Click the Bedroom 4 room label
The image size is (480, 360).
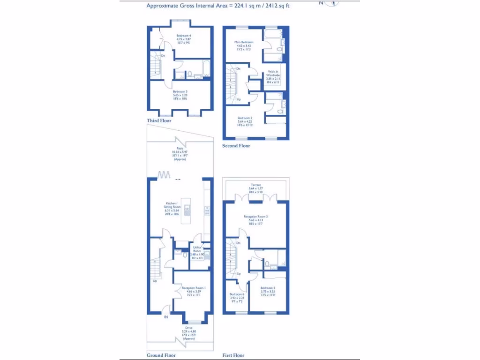184,36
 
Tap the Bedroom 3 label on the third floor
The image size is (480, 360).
180,92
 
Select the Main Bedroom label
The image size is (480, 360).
244,42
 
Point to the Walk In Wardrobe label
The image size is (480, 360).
273,73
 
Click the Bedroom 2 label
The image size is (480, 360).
245,118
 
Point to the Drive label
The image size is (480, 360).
188,328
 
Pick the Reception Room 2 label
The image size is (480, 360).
255,217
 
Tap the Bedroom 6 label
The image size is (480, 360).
237,294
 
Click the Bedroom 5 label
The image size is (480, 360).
268,288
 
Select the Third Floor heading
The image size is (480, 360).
159,120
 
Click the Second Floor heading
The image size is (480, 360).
236,146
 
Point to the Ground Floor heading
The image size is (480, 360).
161,355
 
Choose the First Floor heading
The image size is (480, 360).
233,355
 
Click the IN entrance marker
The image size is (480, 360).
165,317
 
